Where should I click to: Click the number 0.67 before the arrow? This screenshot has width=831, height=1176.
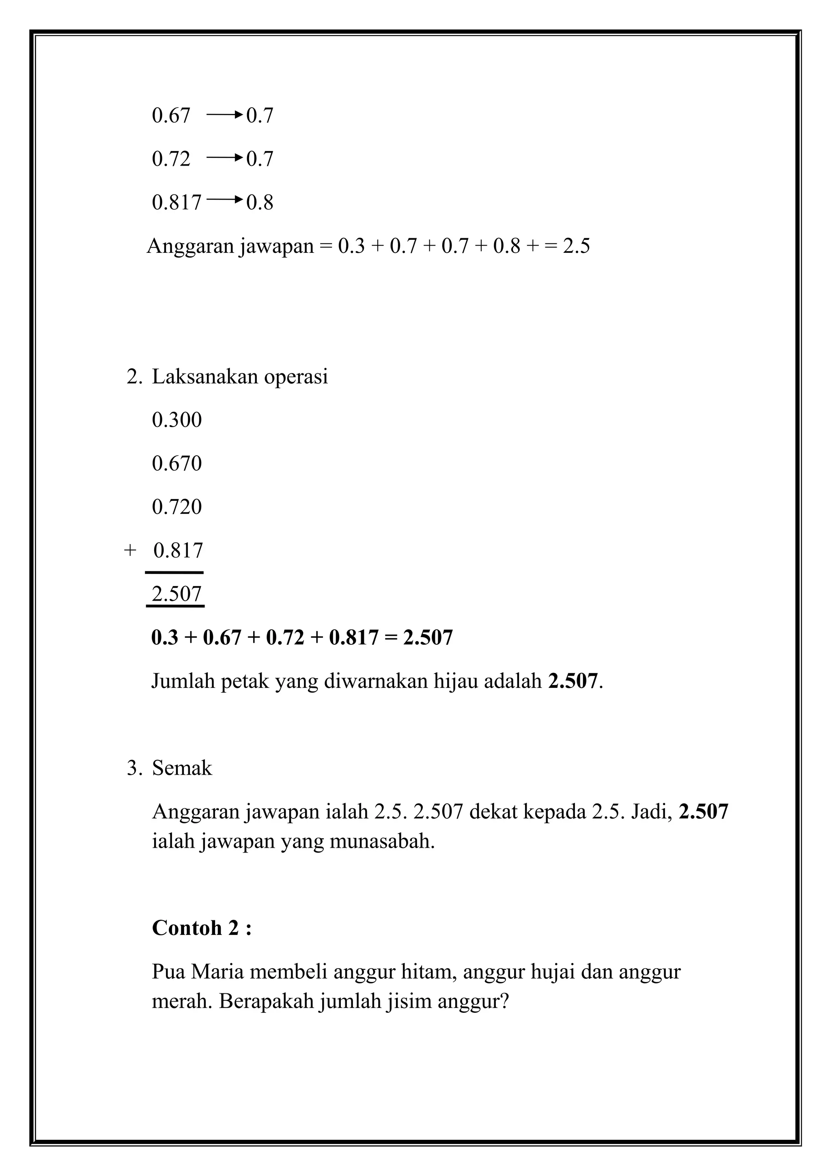click(170, 116)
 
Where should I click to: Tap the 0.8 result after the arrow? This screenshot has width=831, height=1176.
click(260, 203)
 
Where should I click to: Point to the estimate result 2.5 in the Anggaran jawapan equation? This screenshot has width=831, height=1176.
click(576, 247)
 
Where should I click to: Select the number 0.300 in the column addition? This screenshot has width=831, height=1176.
click(177, 420)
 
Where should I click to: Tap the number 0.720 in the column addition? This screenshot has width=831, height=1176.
click(177, 508)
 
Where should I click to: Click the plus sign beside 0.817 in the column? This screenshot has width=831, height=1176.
click(130, 551)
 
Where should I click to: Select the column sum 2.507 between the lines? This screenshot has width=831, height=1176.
click(177, 594)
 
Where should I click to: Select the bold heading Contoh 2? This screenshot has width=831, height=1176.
click(202, 928)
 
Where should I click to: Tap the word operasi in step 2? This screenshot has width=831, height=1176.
click(295, 377)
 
